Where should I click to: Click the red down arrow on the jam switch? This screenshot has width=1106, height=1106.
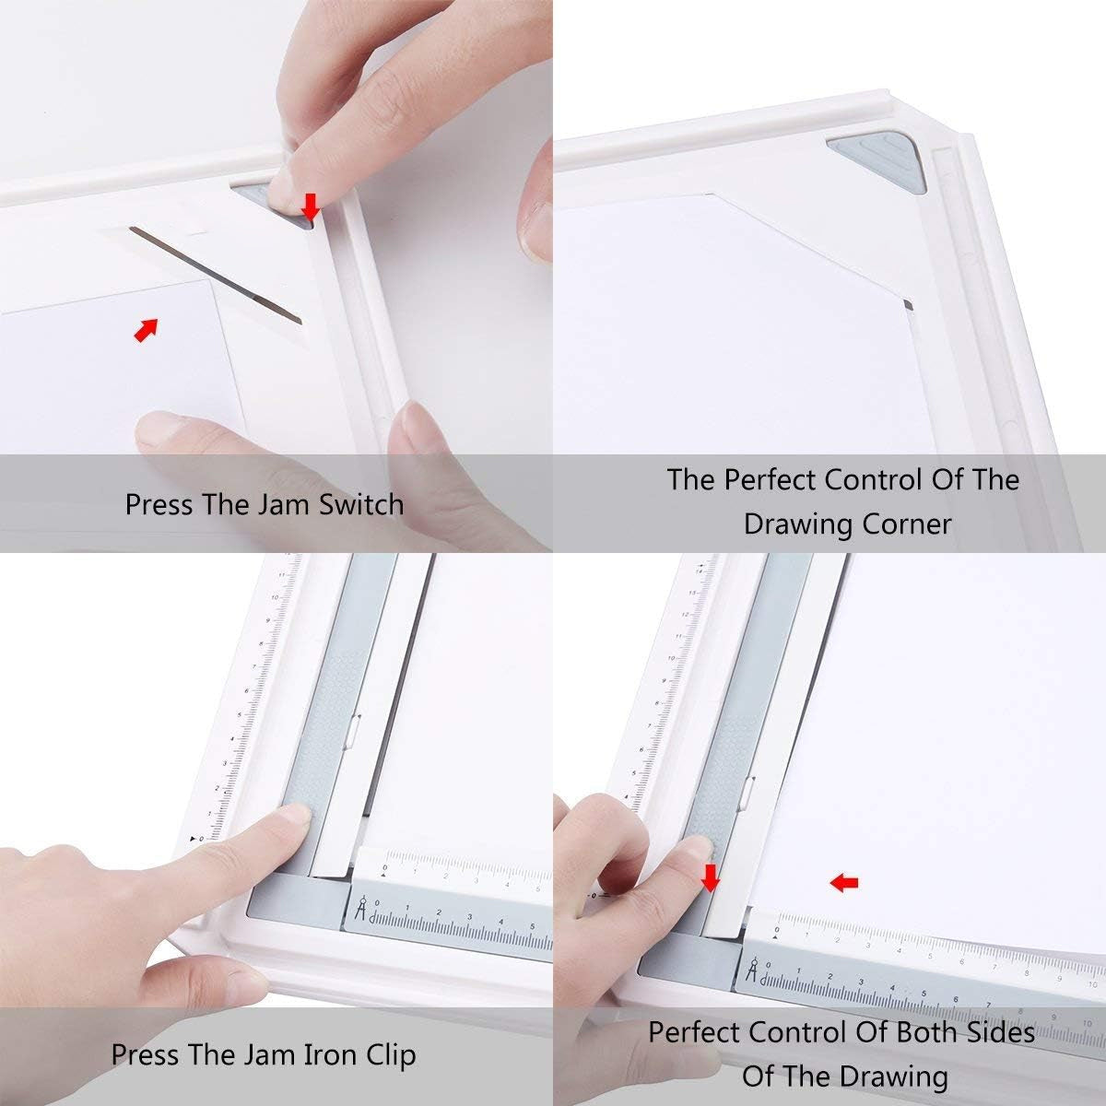310,206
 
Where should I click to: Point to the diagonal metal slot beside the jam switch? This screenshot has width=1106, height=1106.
217,274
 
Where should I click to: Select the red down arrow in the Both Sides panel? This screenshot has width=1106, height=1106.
710,878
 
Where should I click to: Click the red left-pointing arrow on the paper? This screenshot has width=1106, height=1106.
843,883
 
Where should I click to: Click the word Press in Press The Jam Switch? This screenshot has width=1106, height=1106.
159,504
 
